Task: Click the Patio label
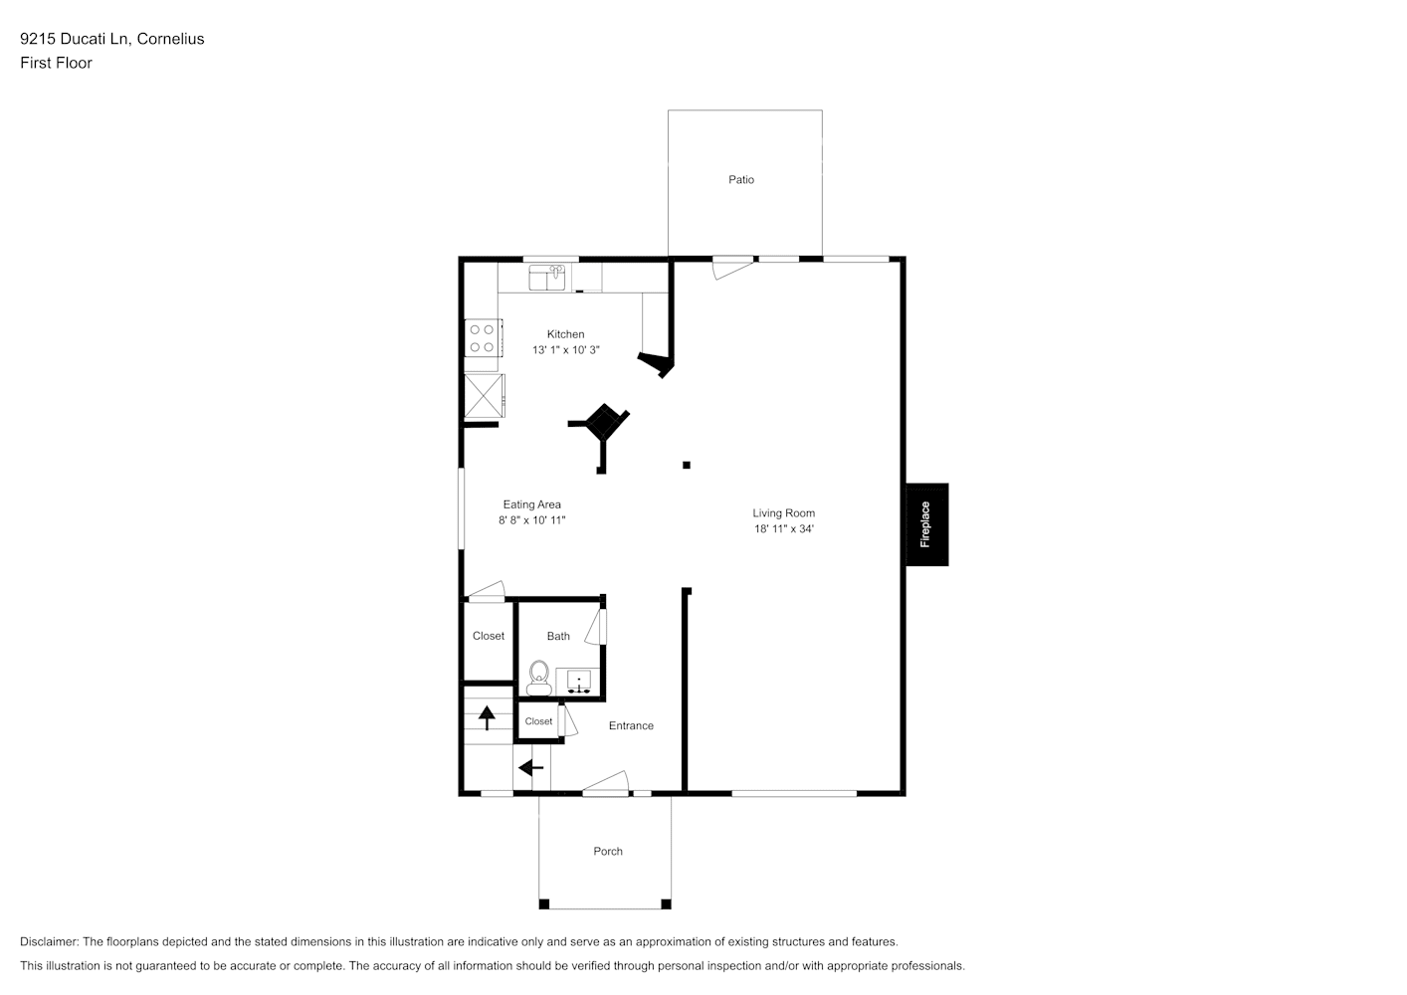[x=741, y=180]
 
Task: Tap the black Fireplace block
[x=926, y=524]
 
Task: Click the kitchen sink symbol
[x=546, y=277]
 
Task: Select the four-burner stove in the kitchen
[x=483, y=337]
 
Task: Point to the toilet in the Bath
[x=538, y=678]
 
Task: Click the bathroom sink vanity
[x=578, y=682]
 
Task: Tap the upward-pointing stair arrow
[x=488, y=716]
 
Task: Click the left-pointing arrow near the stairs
[x=531, y=768]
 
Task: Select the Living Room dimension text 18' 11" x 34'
[x=784, y=529]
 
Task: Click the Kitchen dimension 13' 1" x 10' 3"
[x=565, y=350]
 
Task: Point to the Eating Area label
[x=531, y=504]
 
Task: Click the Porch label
[x=608, y=852]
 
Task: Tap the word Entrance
[x=631, y=726]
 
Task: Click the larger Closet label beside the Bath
[x=489, y=637]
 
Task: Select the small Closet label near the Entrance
[x=538, y=722]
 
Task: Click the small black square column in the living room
[x=687, y=465]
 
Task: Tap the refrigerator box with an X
[x=484, y=396]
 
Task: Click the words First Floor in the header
[x=56, y=63]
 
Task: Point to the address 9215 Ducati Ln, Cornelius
[x=111, y=39]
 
